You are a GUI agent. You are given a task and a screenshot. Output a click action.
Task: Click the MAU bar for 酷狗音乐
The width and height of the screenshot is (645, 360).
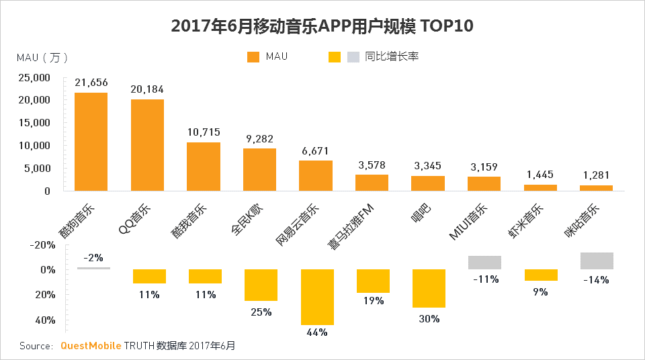[x=91, y=142]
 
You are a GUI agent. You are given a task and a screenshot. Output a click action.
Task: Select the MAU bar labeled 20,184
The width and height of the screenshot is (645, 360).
[x=147, y=145]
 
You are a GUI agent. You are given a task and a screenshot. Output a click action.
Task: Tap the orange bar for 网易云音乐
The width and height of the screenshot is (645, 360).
[x=316, y=175]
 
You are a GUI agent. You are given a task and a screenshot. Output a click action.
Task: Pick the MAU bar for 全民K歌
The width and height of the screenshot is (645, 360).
[x=259, y=169]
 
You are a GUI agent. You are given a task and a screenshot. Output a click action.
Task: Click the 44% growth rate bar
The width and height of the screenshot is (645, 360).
[x=317, y=297]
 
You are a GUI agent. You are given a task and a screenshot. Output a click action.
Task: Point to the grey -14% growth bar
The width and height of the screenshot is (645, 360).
[x=597, y=261]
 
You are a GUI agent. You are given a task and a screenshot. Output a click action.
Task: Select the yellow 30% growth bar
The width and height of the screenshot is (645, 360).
[x=429, y=288]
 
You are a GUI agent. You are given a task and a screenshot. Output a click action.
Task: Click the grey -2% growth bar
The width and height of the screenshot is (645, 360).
[x=93, y=268]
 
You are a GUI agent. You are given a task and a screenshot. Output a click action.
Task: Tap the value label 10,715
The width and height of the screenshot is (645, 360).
[x=204, y=132]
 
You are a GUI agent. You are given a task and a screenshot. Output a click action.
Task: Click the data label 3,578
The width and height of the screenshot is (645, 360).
[x=372, y=165]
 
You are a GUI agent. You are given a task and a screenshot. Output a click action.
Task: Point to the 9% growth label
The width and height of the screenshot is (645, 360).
[x=541, y=291]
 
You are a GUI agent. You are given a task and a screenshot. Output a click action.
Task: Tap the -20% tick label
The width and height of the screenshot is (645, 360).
[x=44, y=245]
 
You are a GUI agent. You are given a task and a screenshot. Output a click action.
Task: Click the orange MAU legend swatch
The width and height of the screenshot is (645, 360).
[x=253, y=56]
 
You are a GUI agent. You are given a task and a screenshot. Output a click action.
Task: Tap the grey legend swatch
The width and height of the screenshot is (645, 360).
[x=353, y=56]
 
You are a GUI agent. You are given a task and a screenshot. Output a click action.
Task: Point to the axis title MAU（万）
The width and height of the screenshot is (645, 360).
[x=42, y=58]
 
